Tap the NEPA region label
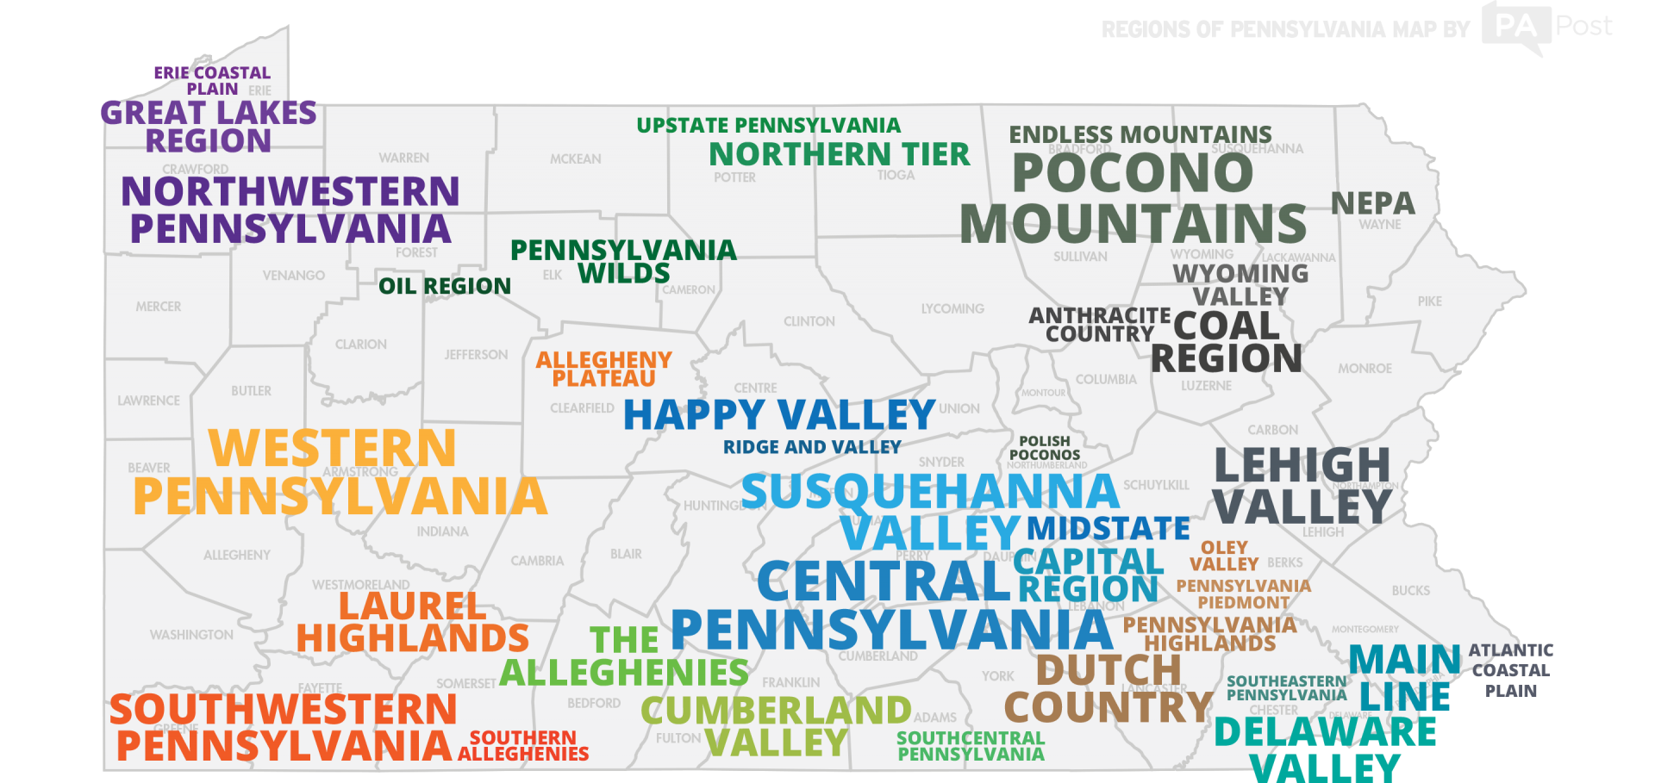(1372, 203)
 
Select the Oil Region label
(444, 286)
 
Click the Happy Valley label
(778, 414)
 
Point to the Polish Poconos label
(1044, 448)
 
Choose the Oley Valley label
(1223, 556)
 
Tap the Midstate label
(1108, 527)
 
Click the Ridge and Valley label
(811, 447)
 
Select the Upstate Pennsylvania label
(768, 126)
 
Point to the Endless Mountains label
(1140, 134)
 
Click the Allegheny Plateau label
(603, 369)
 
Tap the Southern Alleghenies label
(523, 745)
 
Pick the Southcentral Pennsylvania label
(971, 746)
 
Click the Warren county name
(403, 158)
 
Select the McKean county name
(575, 159)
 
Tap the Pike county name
(1429, 301)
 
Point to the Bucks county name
(1410, 591)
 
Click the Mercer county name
(158, 307)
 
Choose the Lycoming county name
(952, 309)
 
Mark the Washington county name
(191, 635)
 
